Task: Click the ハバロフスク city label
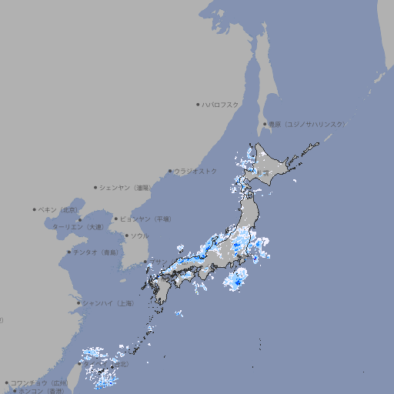(x=221, y=104)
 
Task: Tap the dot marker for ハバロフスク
(x=198, y=104)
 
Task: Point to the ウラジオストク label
(x=195, y=171)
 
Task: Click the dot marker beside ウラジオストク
(x=170, y=171)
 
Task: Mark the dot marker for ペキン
(x=35, y=209)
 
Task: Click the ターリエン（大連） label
(x=78, y=227)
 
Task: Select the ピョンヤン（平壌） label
(x=145, y=219)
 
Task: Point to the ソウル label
(x=139, y=235)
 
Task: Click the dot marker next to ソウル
(x=125, y=235)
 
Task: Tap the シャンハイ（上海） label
(x=108, y=303)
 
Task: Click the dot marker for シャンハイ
(x=78, y=303)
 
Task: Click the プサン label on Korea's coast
(x=158, y=262)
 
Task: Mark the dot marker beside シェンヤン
(x=96, y=187)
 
